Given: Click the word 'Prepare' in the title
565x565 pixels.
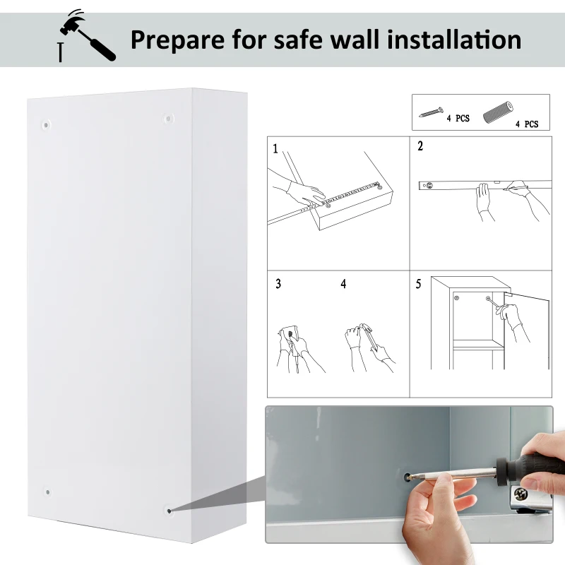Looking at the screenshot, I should coord(177,39).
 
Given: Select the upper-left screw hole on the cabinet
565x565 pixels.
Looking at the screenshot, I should coord(47,125).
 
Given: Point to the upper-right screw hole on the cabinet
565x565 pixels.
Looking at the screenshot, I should coord(168,119).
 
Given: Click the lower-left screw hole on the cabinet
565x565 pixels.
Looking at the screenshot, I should coord(47,492).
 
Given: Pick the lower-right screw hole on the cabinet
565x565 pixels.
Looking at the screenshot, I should coord(169,509).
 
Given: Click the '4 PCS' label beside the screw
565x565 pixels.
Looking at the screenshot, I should coord(458,119).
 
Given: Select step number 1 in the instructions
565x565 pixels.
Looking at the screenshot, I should coord(275,148).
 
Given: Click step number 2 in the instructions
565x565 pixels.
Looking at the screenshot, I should coord(420,147).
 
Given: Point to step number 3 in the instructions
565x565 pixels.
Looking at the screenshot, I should coord(278,284).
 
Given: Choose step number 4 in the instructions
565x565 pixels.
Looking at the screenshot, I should coord(343,284).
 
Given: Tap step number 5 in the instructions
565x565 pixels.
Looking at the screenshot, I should coord(418,284).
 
